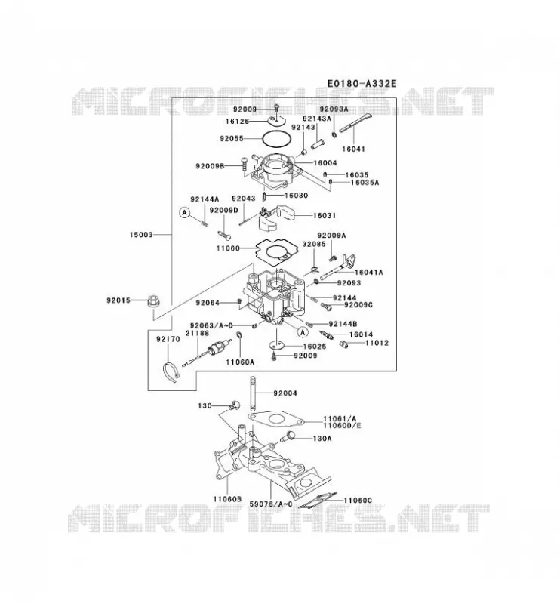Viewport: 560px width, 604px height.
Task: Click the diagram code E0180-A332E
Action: pos(362,84)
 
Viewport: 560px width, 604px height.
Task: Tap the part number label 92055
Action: pos(232,139)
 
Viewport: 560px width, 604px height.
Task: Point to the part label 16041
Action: pos(353,149)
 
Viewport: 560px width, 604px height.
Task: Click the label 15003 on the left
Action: pos(141,235)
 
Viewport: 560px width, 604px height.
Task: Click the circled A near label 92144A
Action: pos(185,212)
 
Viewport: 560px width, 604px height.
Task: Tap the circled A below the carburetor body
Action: pos(303,331)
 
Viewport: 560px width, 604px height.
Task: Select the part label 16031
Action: pos(325,216)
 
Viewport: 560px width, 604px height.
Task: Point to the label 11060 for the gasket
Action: pos(228,249)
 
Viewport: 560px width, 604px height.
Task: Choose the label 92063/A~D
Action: pos(211,326)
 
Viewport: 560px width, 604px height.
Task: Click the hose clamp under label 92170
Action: pos(170,372)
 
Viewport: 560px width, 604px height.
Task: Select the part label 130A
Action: pos(322,439)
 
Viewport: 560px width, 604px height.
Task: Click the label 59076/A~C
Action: pos(271,504)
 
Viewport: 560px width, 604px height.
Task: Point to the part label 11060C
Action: pos(358,501)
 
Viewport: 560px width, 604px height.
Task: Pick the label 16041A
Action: pos(368,273)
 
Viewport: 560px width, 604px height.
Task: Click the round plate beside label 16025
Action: pos(276,345)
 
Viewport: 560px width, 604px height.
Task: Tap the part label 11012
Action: pos(377,343)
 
